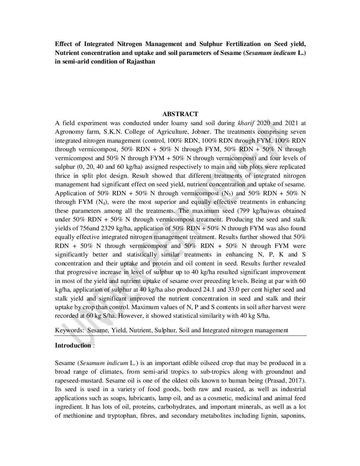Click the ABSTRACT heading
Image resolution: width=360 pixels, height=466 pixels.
click(180, 114)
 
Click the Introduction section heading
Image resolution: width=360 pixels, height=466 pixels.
click(73, 346)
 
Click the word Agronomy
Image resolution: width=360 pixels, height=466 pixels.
click(67, 132)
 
